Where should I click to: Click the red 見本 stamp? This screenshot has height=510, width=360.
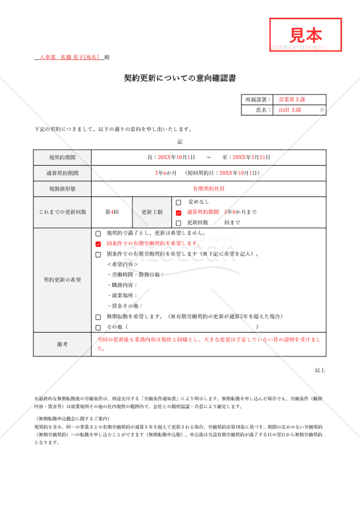click(306, 34)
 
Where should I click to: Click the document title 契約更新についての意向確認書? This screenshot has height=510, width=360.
click(180, 78)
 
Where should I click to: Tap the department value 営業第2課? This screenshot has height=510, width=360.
click(292, 99)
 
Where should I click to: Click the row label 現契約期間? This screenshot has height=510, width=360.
click(62, 157)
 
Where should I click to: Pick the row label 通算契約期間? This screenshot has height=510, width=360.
click(62, 173)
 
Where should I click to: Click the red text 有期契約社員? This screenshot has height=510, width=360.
click(209, 189)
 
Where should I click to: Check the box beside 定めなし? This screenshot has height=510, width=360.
click(178, 202)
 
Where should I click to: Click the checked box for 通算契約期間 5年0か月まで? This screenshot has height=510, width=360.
click(178, 212)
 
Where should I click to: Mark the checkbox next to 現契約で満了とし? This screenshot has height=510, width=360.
click(98, 234)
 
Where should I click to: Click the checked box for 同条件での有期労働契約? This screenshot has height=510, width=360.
click(98, 244)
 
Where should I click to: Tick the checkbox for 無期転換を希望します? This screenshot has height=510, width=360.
click(98, 317)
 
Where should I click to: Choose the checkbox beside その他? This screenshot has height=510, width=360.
click(98, 327)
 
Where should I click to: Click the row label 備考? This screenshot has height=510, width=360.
click(62, 344)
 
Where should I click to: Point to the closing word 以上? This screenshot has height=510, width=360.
click(320, 370)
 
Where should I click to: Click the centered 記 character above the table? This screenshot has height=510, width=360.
click(180, 142)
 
